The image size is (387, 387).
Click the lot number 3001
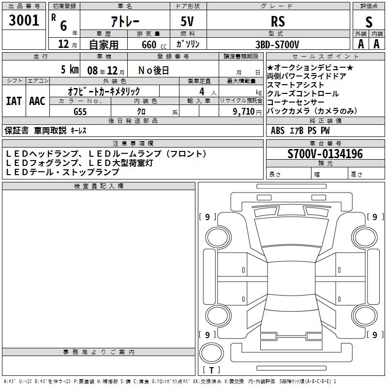tap(24, 20)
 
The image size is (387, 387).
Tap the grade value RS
tap(278, 21)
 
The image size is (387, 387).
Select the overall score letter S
tap(369, 22)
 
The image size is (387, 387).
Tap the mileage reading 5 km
tap(70, 70)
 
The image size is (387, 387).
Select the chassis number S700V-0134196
tap(325, 154)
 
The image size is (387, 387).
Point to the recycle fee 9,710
tap(243, 111)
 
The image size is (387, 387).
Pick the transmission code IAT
tap(14, 101)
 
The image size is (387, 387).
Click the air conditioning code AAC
tap(37, 101)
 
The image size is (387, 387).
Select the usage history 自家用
tap(104, 45)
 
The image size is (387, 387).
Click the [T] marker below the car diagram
tap(211, 370)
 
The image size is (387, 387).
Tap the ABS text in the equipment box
tap(278, 130)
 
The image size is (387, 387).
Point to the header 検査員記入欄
tap(99, 186)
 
